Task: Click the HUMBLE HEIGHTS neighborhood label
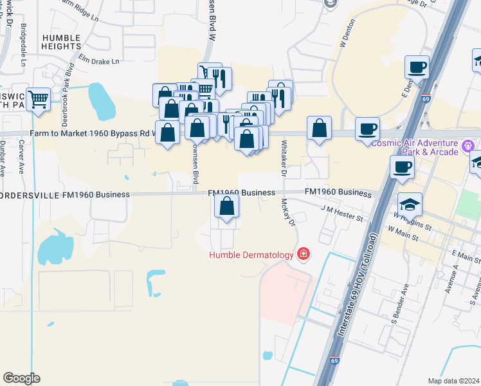tap(62, 42)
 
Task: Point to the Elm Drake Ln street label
tap(99, 62)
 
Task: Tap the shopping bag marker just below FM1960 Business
tap(226, 207)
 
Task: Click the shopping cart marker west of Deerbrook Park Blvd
tap(39, 100)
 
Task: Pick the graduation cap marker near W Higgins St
tap(410, 205)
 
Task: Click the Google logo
tap(21, 378)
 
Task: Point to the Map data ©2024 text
tap(453, 381)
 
